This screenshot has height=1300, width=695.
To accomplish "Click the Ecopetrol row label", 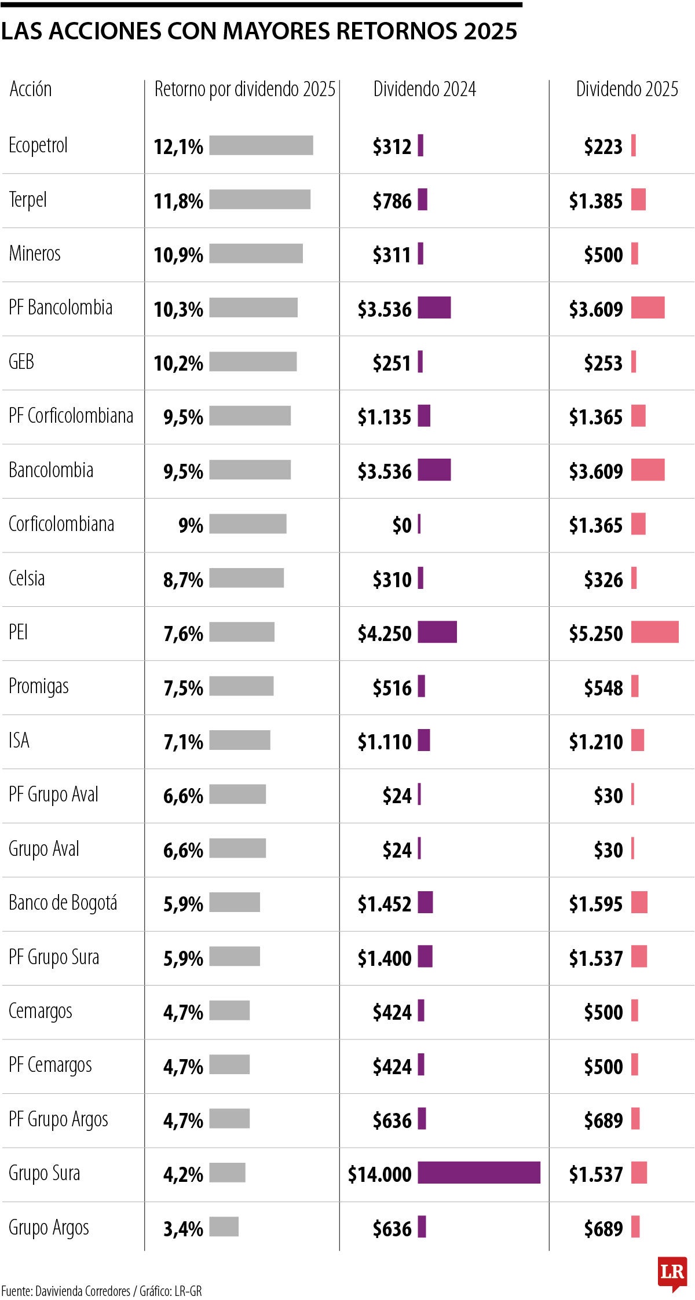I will (x=38, y=145).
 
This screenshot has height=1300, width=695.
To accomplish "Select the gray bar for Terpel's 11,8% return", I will (x=259, y=199).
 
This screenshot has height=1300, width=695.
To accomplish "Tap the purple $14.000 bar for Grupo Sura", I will (x=478, y=1173).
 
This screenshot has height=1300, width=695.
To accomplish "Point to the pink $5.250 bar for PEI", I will (x=654, y=632).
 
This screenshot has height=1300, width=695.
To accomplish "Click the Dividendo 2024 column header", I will (x=425, y=89).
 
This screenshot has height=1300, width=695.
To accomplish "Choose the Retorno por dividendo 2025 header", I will (x=244, y=89).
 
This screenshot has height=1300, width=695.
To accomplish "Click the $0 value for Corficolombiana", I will (x=402, y=525).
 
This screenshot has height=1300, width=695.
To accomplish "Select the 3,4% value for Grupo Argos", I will (x=183, y=1228).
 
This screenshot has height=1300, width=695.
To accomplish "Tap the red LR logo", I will (x=672, y=1273).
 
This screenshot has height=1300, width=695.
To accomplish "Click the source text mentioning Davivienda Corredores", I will (x=101, y=1291).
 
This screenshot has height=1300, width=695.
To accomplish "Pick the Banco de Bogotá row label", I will (x=63, y=903).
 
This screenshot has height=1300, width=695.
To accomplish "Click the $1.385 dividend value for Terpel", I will (x=595, y=201).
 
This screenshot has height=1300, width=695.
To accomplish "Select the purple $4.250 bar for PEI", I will (x=437, y=632).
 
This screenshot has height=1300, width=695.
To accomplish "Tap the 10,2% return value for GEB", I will (x=178, y=363).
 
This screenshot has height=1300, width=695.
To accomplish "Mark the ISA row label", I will (x=19, y=741).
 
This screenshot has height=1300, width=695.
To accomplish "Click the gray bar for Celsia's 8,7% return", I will (x=247, y=578).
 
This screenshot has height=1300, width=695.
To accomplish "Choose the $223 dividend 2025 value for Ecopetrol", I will (x=603, y=147).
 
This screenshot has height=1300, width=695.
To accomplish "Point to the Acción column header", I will (x=31, y=89).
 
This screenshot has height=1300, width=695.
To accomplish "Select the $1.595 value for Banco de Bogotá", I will (x=595, y=904).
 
